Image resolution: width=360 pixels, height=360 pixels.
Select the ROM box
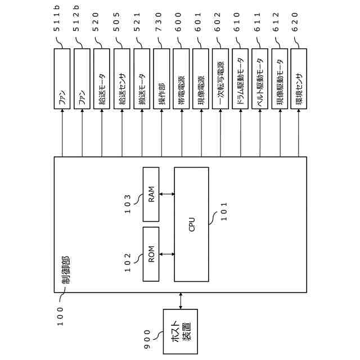pyautogui.click(x=151, y=253)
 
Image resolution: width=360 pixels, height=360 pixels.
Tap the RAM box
pyautogui.click(x=151, y=194)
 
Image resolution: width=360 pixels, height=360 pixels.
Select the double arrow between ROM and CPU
pyautogui.click(x=167, y=253)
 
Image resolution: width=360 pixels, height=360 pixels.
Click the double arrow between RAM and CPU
pyautogui.click(x=167, y=194)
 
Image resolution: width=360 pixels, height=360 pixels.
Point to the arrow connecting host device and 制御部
pyautogui.click(x=180, y=300)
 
